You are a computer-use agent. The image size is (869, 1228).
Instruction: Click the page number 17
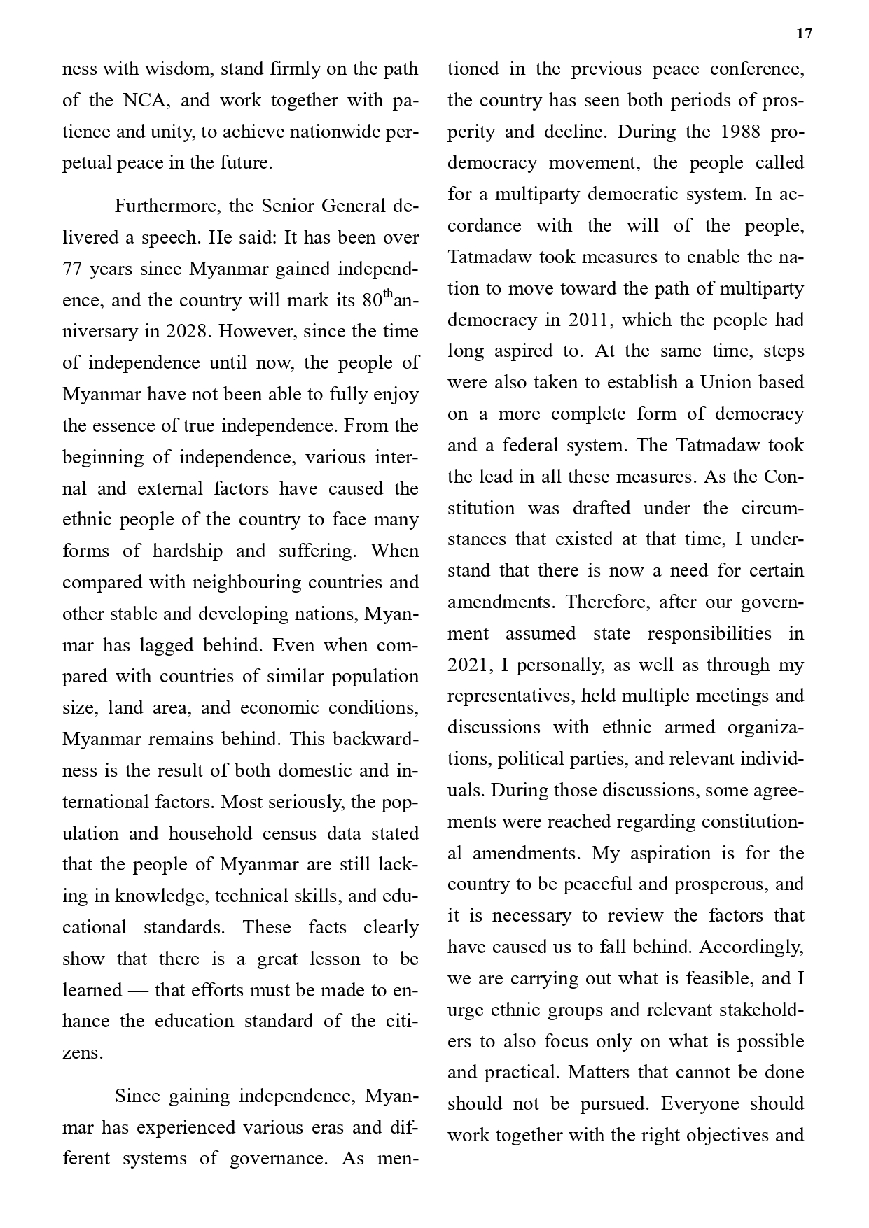[805, 34]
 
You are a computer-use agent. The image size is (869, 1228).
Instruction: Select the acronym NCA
[145, 100]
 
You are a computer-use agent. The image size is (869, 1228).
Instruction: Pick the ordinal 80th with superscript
[377, 299]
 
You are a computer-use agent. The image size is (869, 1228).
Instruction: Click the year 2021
[468, 665]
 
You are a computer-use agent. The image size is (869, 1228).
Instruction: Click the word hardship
[188, 551]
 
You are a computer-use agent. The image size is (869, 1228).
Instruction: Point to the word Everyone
[700, 1103]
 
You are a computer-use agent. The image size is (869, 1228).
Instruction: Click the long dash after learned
[139, 990]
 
